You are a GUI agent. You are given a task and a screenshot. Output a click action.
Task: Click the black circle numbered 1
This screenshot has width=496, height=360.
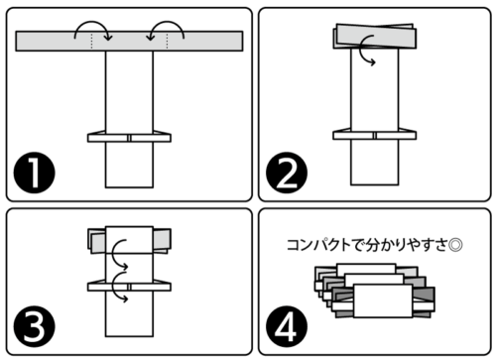point(34,173)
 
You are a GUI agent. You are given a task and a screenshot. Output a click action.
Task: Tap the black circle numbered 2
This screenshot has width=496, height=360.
point(287,173)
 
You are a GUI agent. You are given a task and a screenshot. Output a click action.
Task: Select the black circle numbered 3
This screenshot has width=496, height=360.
point(34,326)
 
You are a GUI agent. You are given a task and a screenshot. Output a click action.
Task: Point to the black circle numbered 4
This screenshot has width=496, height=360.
point(287,326)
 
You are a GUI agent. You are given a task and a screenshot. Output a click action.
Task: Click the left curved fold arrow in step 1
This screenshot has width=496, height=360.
point(93,23)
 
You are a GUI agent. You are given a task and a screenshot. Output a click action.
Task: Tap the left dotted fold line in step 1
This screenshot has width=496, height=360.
point(91,41)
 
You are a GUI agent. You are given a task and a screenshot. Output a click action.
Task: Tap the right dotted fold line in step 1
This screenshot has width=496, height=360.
point(167,41)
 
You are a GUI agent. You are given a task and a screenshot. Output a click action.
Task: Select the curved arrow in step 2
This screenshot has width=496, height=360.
point(362,50)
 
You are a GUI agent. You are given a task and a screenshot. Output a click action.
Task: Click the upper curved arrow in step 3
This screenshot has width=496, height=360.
point(113,253)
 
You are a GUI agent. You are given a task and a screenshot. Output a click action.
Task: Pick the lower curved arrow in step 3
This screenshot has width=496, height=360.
point(113,286)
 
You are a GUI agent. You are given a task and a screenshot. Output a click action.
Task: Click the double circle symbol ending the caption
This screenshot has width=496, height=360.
point(455,245)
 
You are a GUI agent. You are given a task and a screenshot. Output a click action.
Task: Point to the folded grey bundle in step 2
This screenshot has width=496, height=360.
point(375,36)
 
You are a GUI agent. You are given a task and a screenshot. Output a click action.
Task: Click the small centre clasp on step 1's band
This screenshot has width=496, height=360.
point(129,138)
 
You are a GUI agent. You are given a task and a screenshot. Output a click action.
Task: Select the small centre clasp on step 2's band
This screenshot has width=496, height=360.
point(375,135)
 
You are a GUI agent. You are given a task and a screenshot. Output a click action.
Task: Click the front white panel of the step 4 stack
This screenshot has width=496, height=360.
point(383,300)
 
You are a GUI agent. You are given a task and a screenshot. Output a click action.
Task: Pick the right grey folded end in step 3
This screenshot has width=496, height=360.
point(162,241)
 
